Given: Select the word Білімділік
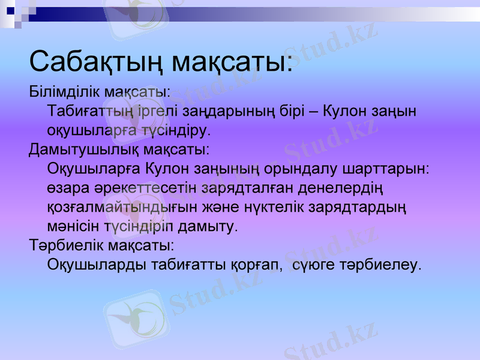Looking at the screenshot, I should [65, 92].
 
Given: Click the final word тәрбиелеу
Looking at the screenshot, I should [382, 264].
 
